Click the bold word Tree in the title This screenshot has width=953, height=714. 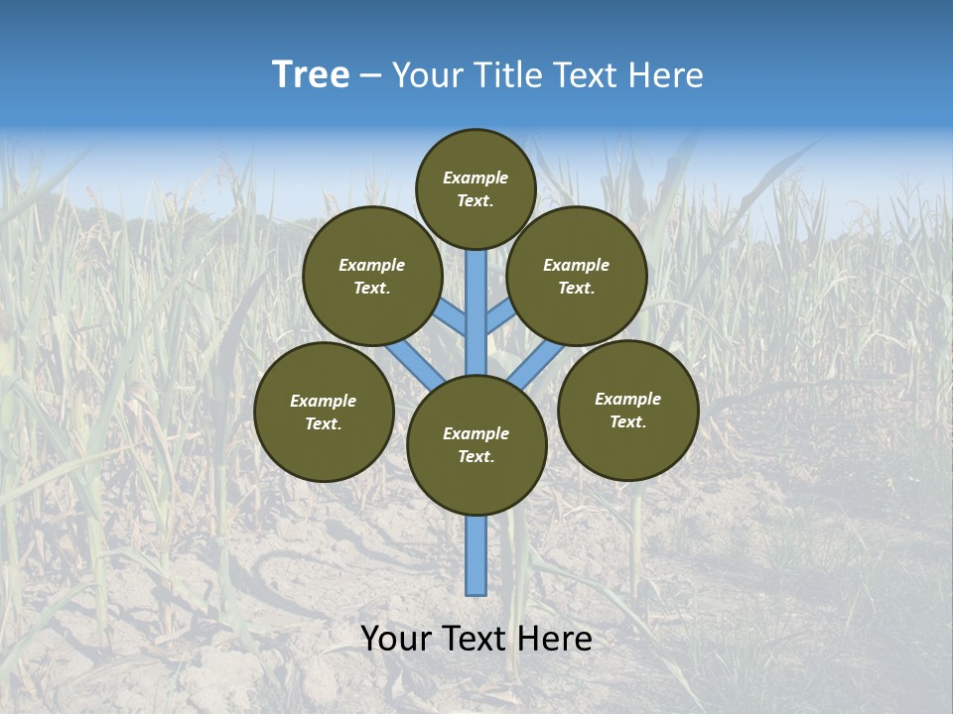[311, 75]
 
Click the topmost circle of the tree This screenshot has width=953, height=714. [476, 188]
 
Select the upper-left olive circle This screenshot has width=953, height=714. [371, 276]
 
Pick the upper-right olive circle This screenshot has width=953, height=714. [577, 276]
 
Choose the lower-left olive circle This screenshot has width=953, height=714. [324, 412]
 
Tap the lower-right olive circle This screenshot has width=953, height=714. [627, 410]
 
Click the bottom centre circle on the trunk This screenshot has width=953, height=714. [476, 444]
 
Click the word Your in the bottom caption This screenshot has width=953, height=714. [396, 639]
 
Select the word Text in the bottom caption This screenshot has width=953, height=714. [478, 639]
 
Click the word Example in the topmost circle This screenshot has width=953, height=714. [476, 178]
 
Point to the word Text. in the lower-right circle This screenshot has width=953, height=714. [627, 421]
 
